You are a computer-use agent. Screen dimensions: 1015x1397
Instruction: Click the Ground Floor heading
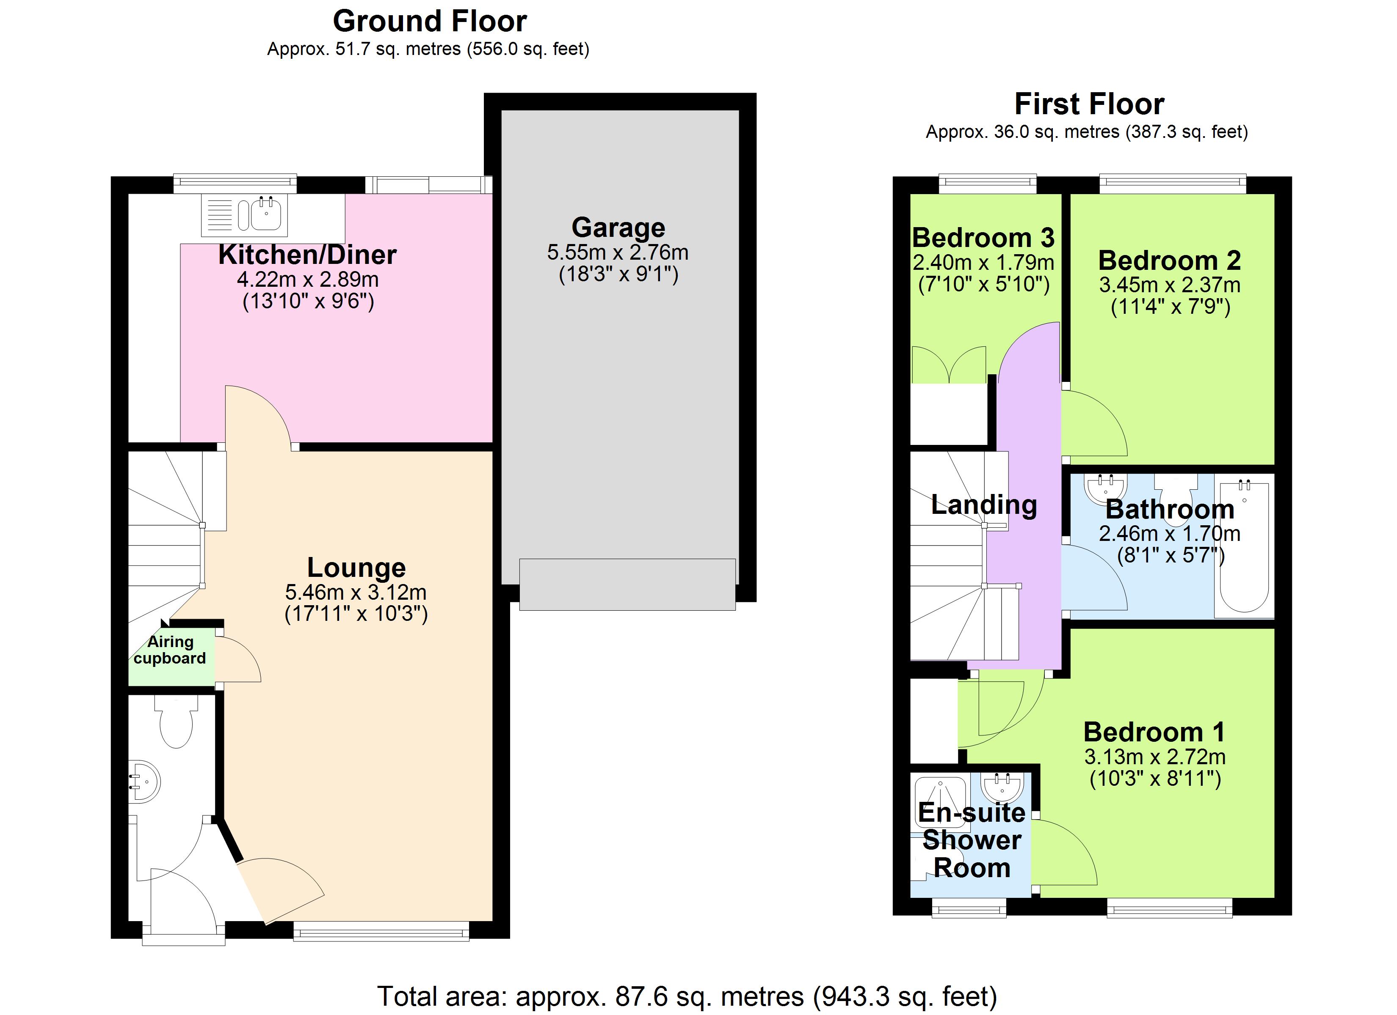coord(429,22)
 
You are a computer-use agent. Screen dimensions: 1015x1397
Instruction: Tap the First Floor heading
coord(1088,104)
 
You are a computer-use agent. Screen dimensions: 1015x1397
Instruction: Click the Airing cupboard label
coord(170,650)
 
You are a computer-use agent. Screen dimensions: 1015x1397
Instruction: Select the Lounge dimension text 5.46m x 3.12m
coord(356,592)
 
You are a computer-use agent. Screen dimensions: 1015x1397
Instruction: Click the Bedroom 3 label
coord(983,238)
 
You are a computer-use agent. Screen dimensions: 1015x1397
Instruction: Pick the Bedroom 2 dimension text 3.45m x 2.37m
coord(1169,285)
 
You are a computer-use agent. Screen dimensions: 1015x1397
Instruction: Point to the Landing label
coord(984,505)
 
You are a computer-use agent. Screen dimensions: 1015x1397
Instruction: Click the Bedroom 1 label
coord(1154,732)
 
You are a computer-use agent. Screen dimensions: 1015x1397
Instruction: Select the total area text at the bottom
coord(687,996)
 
